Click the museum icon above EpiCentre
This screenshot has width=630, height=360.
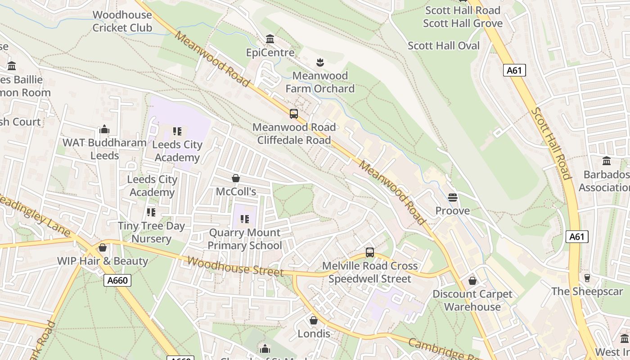tap(270, 39)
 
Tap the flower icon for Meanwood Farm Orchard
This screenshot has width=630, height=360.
tap(320, 62)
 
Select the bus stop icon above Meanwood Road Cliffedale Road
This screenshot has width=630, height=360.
tap(294, 114)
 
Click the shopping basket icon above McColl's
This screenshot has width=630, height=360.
tap(235, 178)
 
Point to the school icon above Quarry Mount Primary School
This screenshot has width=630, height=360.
tap(245, 219)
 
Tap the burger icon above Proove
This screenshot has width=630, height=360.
tap(452, 197)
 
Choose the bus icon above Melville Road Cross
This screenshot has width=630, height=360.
tap(369, 252)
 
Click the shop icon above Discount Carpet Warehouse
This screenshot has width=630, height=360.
tap(472, 281)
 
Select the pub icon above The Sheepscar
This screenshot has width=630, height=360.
tap(587, 278)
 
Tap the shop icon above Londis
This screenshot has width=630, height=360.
tap(314, 320)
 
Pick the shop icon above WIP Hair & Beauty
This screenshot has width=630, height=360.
tap(103, 247)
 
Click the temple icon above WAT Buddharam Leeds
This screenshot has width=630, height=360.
tap(104, 130)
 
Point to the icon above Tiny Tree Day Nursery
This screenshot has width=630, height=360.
tap(151, 212)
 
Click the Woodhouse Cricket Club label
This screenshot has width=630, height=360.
tap(122, 21)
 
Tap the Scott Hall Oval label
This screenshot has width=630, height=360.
tap(444, 45)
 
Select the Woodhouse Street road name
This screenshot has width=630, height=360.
tap(235, 266)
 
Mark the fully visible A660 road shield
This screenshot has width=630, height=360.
tap(118, 280)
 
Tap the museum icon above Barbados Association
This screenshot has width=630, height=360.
tap(606, 161)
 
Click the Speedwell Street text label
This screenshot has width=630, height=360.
tap(370, 279)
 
